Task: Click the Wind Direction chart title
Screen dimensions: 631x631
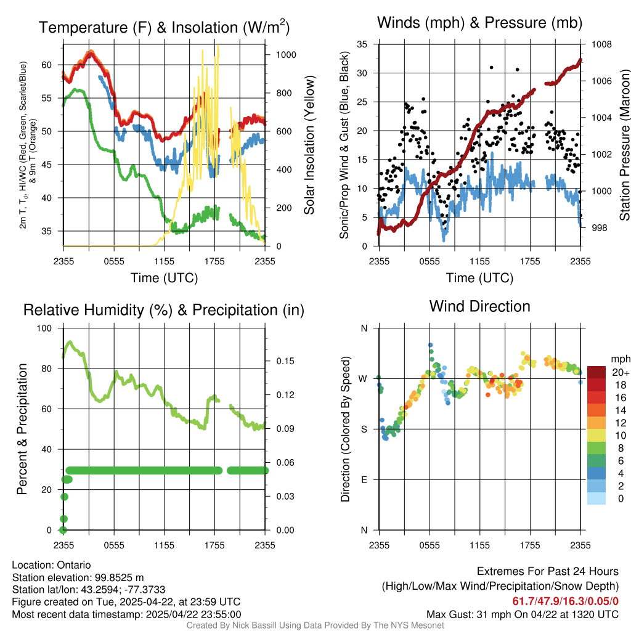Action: pos(479,306)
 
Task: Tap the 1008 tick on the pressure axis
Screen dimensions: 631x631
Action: pos(600,44)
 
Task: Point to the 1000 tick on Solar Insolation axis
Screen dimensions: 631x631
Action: pos(287,54)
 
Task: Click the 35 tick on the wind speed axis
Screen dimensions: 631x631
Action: pos(362,44)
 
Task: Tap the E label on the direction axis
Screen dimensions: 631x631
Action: pos(364,479)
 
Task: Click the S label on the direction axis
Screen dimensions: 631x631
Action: pos(364,429)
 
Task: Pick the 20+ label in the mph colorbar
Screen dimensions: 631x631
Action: pos(619,373)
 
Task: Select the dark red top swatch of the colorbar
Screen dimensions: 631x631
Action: pos(596,373)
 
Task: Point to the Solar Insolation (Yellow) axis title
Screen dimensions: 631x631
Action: pos(309,145)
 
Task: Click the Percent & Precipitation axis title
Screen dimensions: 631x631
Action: pos(22,428)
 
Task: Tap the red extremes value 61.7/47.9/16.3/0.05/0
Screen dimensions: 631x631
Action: pos(565,601)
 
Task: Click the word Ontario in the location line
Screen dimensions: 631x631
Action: pos(73,565)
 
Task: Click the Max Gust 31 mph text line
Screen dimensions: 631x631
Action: pos(523,614)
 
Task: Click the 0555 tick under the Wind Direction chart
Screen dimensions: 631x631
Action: pos(429,545)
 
